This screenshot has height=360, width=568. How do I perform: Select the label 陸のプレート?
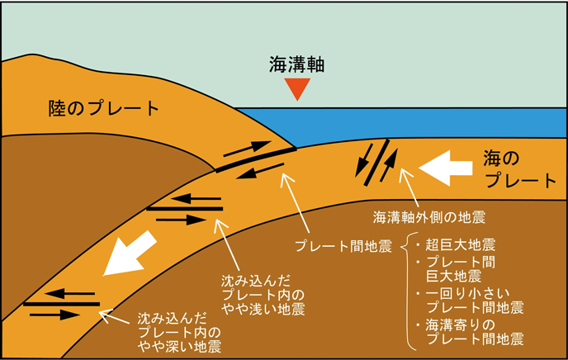point(103,108)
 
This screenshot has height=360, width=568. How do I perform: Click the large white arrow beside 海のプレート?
point(447,168)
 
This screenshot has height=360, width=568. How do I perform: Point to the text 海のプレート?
point(520,168)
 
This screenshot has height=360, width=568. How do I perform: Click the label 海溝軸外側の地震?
point(428,217)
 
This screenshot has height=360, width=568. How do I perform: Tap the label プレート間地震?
point(343,246)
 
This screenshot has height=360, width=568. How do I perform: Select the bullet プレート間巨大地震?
point(466,268)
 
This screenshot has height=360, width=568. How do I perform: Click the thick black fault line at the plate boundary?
point(255,159)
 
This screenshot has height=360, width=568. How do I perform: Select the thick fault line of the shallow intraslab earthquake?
point(184,209)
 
